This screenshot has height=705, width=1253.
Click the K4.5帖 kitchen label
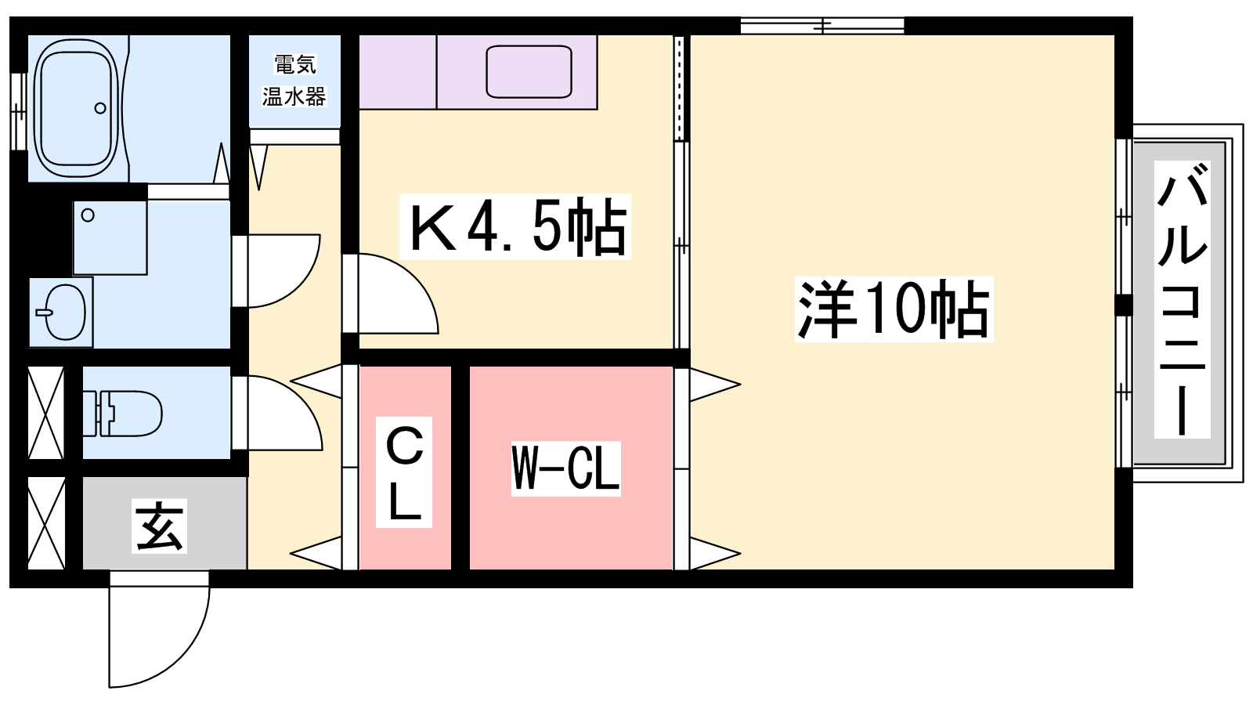click(515, 226)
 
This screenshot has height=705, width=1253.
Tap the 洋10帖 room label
click(894, 309)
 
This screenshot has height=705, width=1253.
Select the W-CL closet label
click(565, 468)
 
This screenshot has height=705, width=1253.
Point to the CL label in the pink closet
click(403, 472)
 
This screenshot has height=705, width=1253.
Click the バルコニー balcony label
click(1182, 299)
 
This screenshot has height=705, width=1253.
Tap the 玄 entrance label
click(160, 526)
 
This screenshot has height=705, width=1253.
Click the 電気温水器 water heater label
click(294, 81)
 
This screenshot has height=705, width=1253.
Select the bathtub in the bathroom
click(76, 107)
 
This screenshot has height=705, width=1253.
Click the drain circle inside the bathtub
click(101, 108)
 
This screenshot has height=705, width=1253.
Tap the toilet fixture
click(122, 414)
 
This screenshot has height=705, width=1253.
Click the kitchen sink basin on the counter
click(529, 71)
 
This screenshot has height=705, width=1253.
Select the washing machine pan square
click(110, 237)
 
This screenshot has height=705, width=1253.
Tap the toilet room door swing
click(277, 413)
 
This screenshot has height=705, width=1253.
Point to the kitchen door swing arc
click(391, 294)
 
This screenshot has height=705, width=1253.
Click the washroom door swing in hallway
click(276, 271)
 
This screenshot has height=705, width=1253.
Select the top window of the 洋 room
click(822, 26)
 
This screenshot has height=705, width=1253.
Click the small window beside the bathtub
click(19, 112)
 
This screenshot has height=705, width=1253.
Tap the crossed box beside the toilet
click(46, 413)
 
